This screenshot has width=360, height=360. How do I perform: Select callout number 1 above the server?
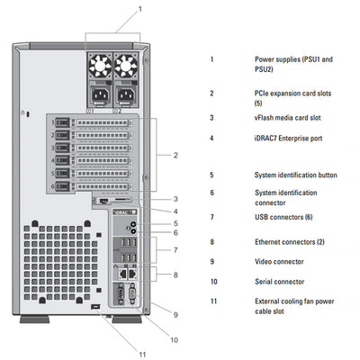coord(139,8)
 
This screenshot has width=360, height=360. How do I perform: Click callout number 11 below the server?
coord(140,354)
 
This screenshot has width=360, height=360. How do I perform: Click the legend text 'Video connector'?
coord(281,261)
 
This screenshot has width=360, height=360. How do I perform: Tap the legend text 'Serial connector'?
coord(282,281)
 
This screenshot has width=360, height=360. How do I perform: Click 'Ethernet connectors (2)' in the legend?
coord(293,241)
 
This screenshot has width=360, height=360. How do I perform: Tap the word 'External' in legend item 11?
coord(270,301)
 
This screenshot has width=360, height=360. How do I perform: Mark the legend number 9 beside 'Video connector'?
coord(211,261)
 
